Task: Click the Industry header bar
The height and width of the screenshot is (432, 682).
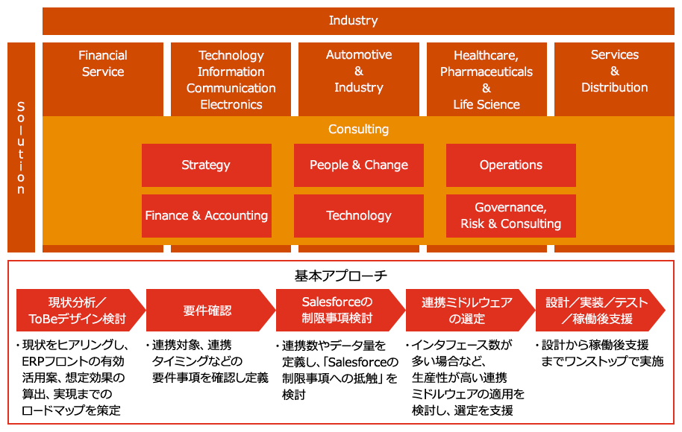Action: pyautogui.click(x=353, y=21)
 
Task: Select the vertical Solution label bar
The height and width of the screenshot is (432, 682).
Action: pyautogui.click(x=21, y=147)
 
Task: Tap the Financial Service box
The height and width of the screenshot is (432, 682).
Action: pyautogui.click(x=103, y=64)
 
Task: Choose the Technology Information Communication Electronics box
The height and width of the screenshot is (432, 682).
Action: pyautogui.click(x=231, y=80)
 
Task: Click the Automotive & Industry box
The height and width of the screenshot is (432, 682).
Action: pyautogui.click(x=359, y=72)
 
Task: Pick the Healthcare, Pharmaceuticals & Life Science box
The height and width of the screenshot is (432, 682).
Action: pyautogui.click(x=487, y=80)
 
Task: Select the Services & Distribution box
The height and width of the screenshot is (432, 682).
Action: pyautogui.click(x=615, y=72)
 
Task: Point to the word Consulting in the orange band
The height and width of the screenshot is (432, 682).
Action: pyautogui.click(x=359, y=130)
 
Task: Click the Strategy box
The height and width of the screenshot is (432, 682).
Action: pyautogui.click(x=206, y=165)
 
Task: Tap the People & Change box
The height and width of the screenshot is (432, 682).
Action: pyautogui.click(x=359, y=165)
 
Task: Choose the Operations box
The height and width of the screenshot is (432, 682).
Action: pyautogui.click(x=511, y=165)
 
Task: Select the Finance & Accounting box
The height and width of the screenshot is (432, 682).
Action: pyautogui.click(x=206, y=216)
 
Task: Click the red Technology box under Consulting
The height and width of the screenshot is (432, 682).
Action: pyautogui.click(x=359, y=216)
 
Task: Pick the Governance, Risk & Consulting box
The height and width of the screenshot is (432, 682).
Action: pyautogui.click(x=511, y=216)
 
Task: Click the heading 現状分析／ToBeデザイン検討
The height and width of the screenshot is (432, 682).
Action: pyautogui.click(x=77, y=311)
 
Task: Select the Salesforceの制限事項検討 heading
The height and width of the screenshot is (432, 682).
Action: pyautogui.click(x=337, y=311)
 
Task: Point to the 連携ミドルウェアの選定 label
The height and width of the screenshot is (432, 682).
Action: pyautogui.click(x=467, y=311)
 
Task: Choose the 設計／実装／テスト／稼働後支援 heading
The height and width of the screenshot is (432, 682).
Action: pyautogui.click(x=597, y=311)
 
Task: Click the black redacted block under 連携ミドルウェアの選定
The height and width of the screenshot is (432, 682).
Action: pyautogui.click(x=460, y=377)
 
